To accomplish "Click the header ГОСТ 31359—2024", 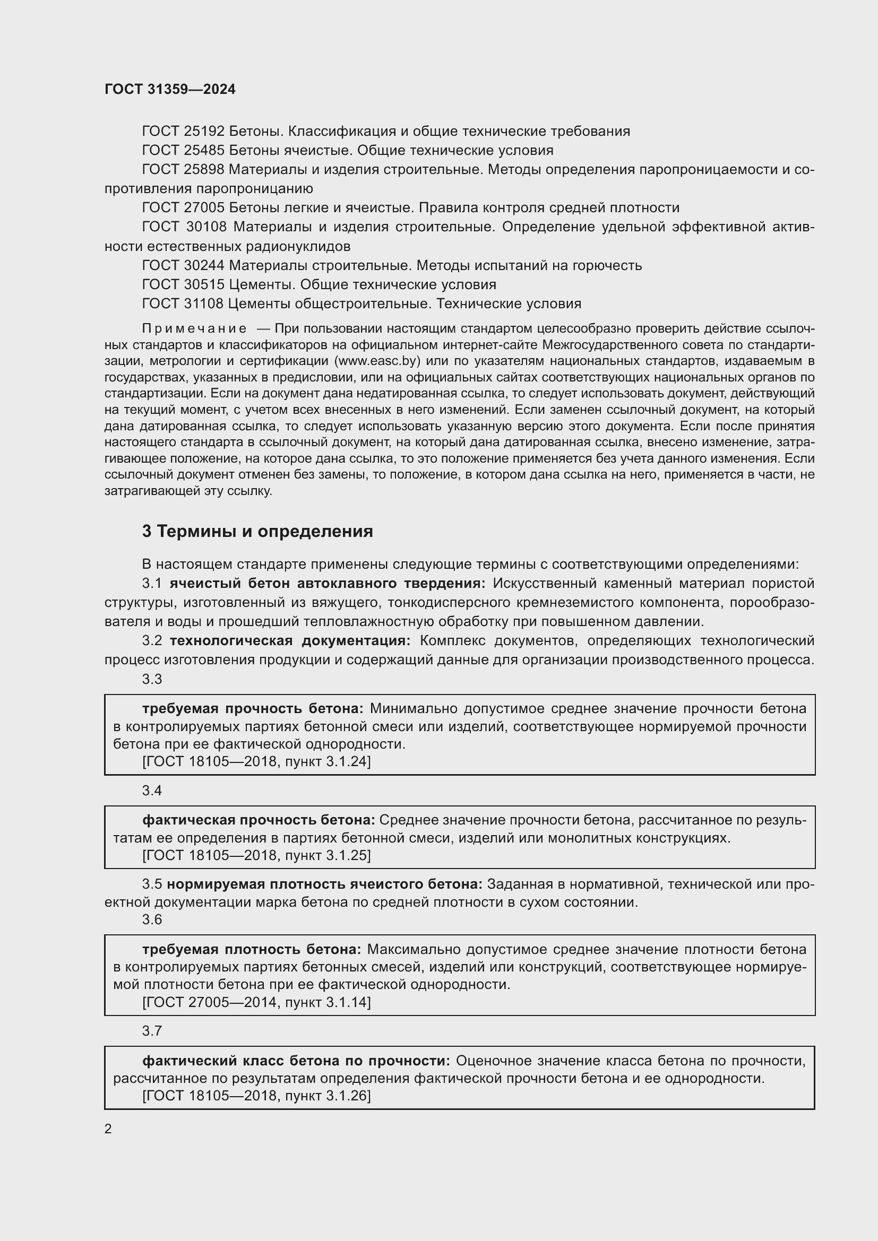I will click(x=170, y=89).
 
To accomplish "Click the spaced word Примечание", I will click(x=194, y=328).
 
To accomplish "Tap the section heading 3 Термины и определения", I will click(x=257, y=531).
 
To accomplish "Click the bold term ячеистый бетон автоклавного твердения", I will click(x=327, y=584).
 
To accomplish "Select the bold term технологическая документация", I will click(x=290, y=641).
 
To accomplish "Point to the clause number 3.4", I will click(x=152, y=791).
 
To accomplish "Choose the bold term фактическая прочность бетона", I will click(x=259, y=820).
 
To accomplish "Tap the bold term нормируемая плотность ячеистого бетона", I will click(x=324, y=884).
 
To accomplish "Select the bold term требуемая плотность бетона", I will click(x=252, y=950).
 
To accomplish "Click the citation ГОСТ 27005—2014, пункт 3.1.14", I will click(x=256, y=1003).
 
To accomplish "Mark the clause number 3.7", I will click(x=152, y=1031).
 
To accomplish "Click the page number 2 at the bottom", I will click(x=108, y=1129).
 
